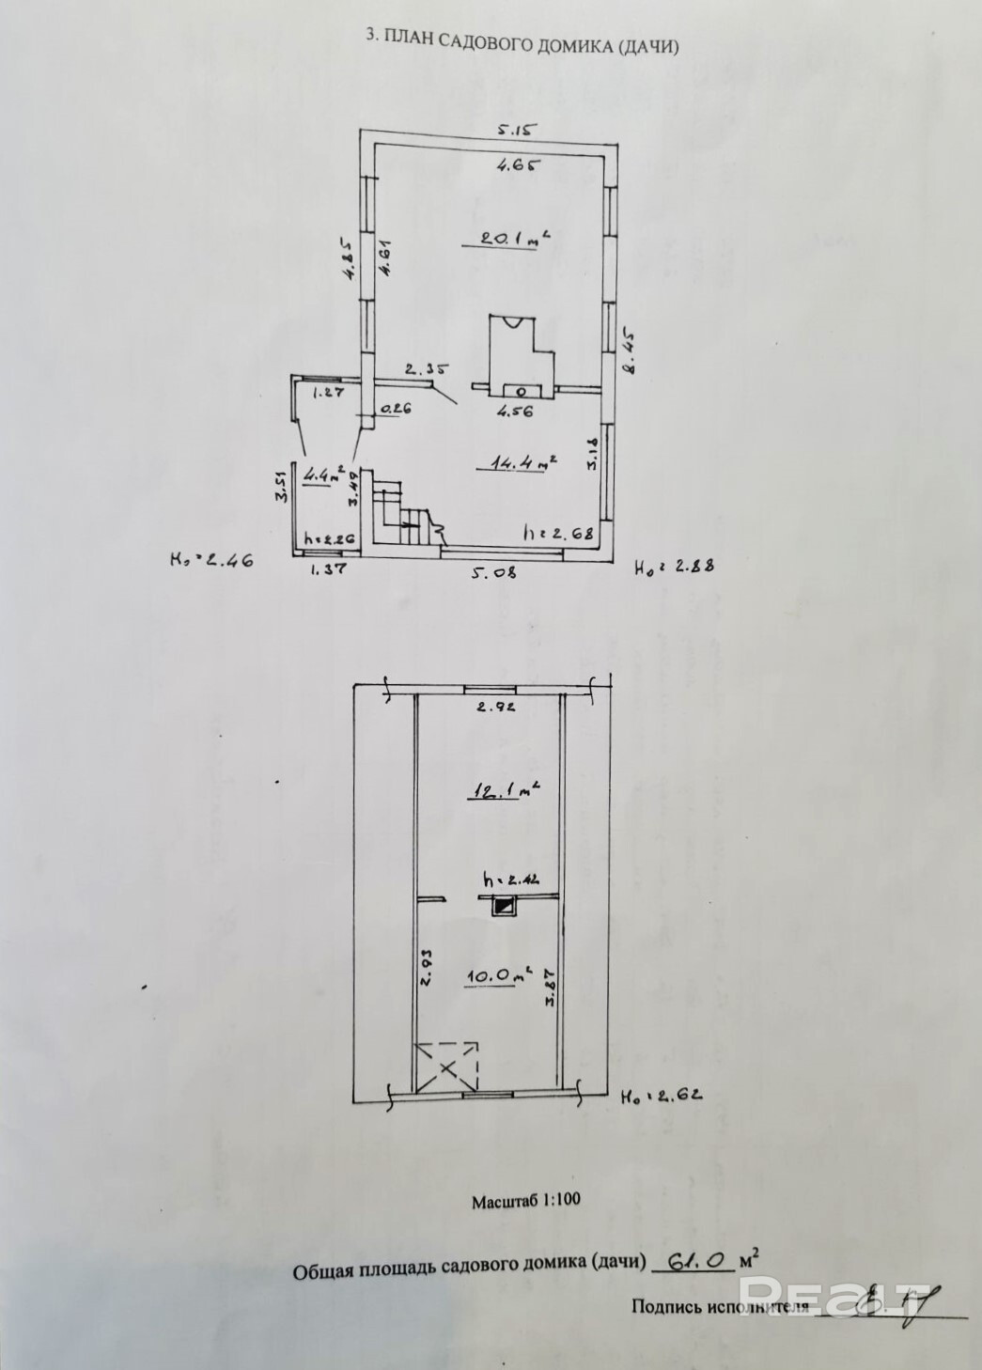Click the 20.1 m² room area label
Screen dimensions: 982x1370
tap(513, 238)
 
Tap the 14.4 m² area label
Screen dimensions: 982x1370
tap(514, 462)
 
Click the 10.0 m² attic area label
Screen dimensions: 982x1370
tap(499, 975)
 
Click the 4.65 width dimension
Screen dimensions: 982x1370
tap(519, 165)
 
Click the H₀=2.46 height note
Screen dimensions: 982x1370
tap(211, 561)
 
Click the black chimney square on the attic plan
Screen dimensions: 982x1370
tap(505, 906)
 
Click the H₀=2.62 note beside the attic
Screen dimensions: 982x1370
tap(662, 1095)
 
